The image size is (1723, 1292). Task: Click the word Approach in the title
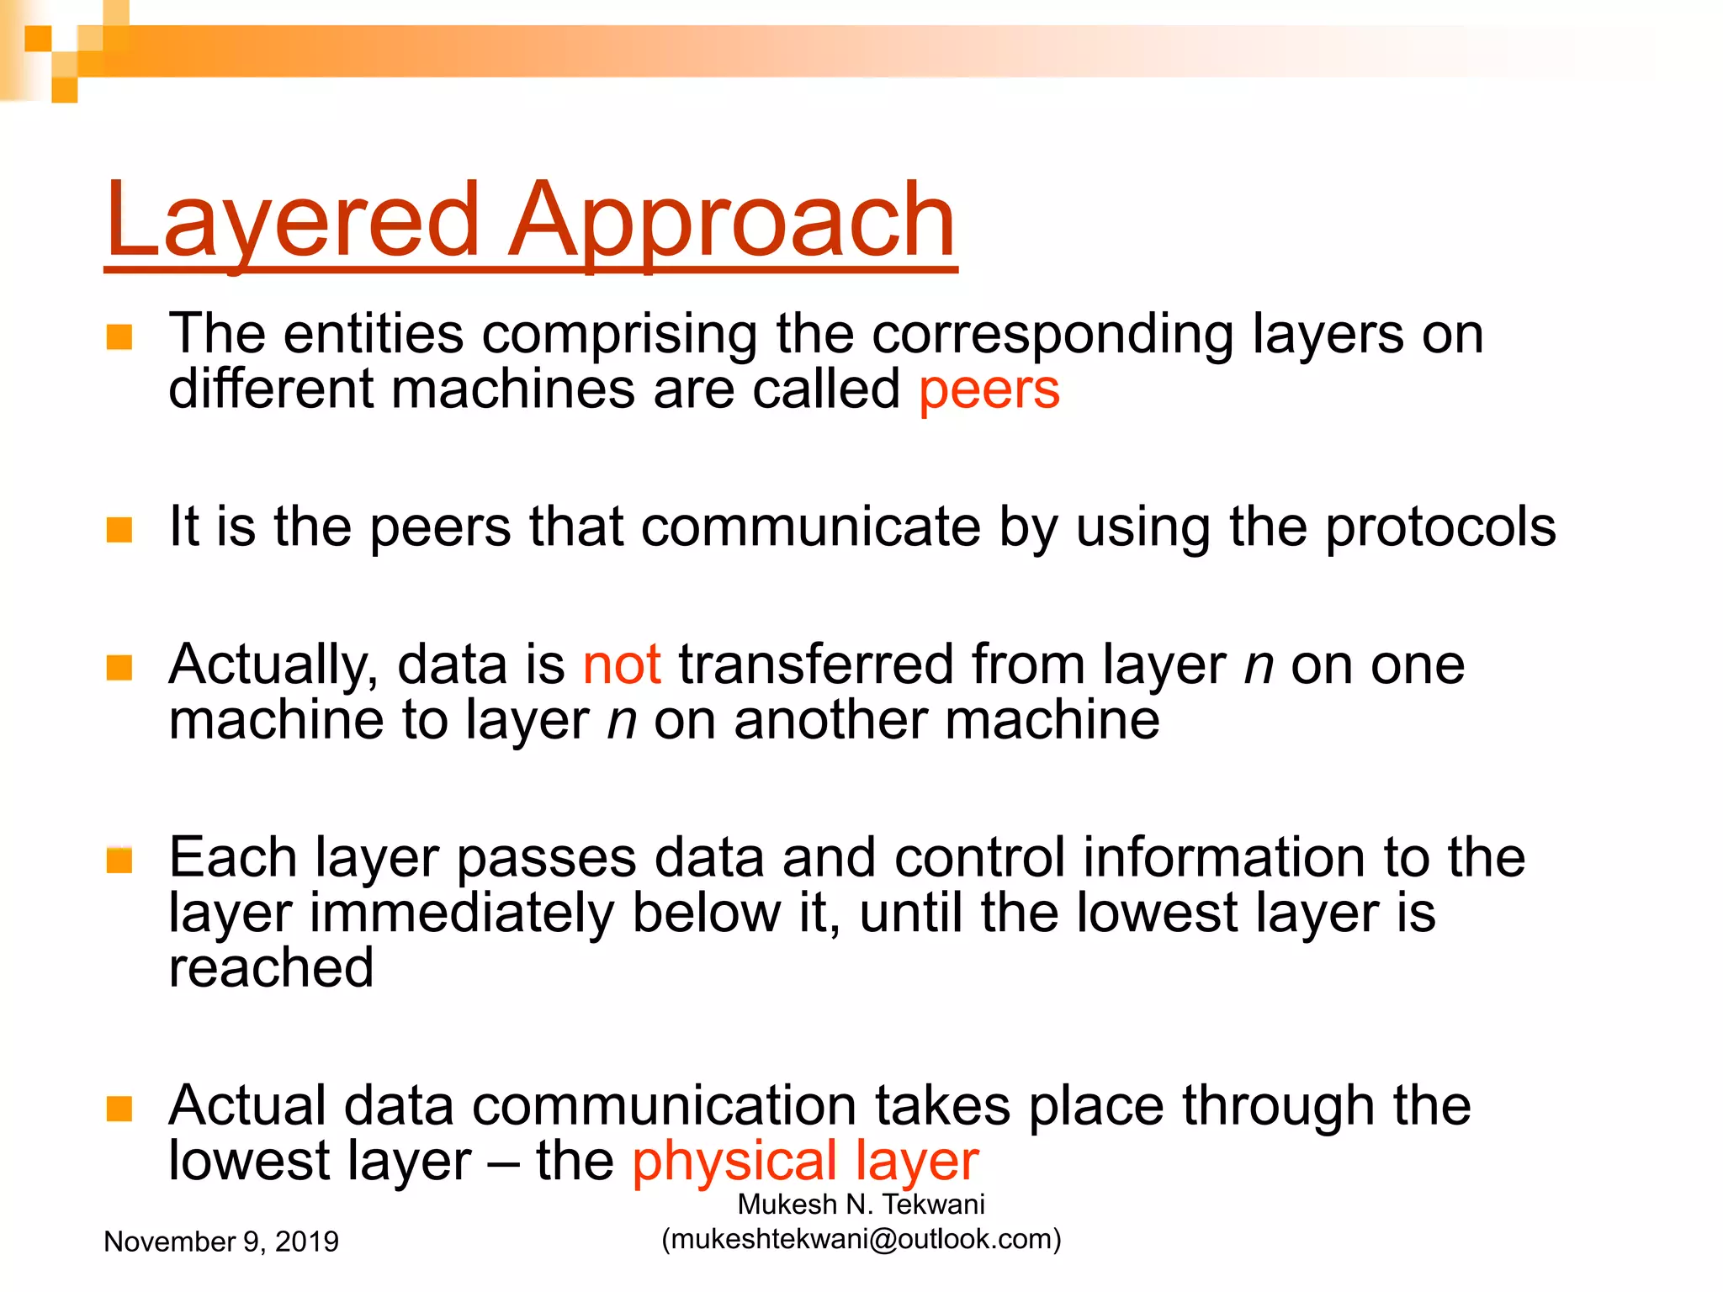pos(732,220)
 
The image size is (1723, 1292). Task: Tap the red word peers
pos(989,390)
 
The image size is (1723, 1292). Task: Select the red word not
pos(622,665)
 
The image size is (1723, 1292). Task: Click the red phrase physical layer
pos(805,1162)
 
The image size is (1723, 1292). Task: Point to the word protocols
pos(1440,528)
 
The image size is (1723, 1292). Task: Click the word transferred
pos(815,665)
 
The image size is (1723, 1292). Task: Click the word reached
pos(271,967)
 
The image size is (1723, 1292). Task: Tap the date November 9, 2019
pos(220,1242)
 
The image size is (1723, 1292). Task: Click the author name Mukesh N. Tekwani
pos(861,1205)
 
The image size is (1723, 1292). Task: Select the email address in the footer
pos(861,1239)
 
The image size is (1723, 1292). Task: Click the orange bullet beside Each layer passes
pos(119,860)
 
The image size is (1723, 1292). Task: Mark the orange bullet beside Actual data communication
pos(119,1109)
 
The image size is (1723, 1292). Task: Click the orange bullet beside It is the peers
pos(119,530)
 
